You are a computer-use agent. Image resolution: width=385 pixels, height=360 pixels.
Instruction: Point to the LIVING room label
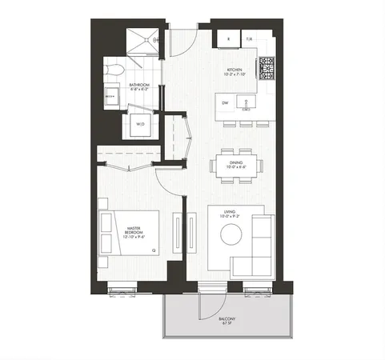(231, 214)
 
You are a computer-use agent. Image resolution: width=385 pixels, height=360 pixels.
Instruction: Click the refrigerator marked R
(229, 38)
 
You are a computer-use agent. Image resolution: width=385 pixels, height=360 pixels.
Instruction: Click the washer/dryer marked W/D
(140, 124)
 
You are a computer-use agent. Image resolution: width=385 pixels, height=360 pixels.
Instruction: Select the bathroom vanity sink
(110, 96)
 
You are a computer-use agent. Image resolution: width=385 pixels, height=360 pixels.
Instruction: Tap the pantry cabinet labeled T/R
(249, 38)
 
